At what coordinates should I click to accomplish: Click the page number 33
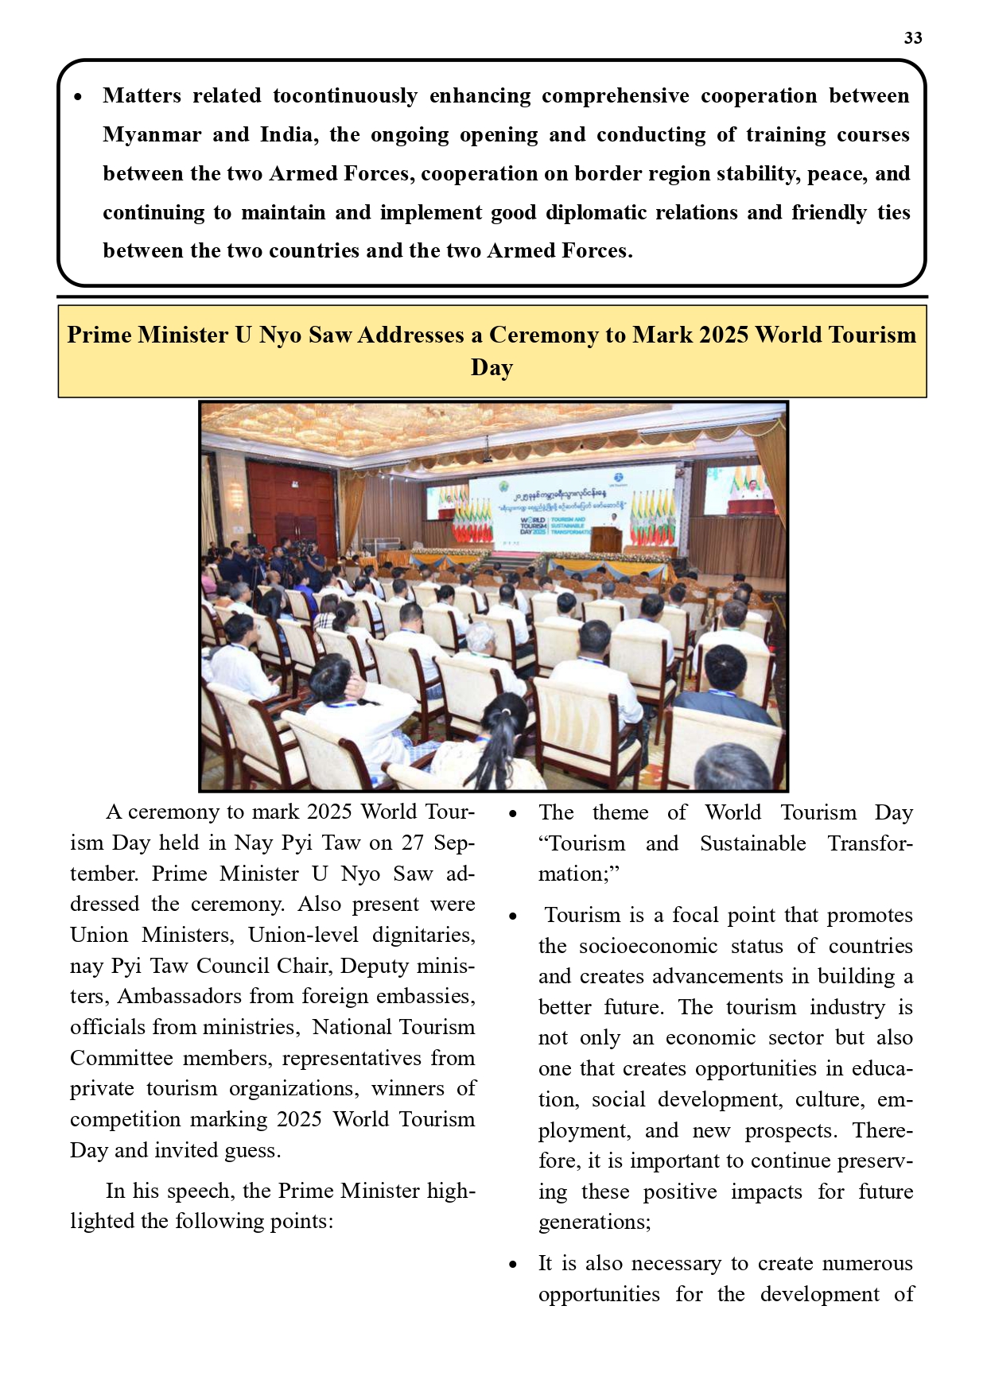912,38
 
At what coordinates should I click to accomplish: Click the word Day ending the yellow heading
492,368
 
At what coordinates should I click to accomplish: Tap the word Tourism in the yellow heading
872,335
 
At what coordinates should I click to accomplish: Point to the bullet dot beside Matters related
78,97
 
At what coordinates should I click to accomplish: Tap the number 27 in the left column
414,842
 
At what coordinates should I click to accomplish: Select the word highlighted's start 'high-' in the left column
451,1191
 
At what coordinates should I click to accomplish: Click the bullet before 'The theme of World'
514,814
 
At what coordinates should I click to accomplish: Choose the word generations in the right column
593,1222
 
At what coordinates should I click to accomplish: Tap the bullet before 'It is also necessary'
514,1265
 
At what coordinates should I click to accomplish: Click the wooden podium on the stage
605,540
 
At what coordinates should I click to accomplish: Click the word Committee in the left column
121,1058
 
